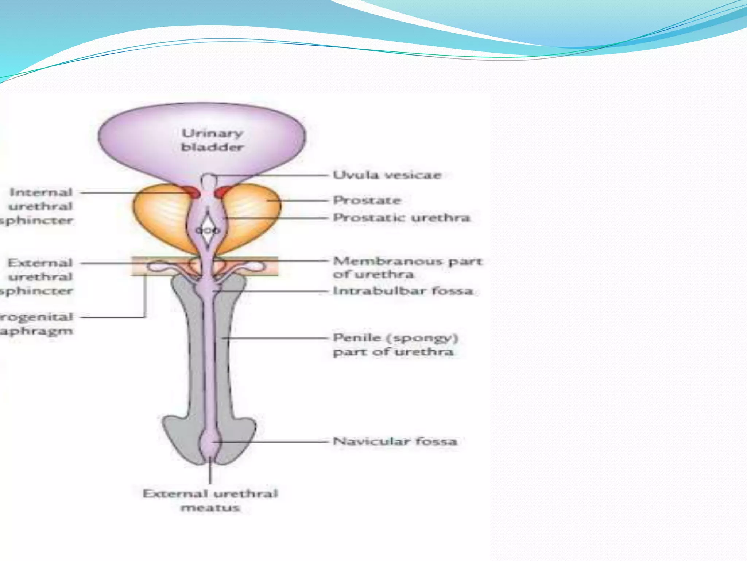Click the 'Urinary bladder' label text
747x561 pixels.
point(212,140)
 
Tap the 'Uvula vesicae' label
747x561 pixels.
point(387,175)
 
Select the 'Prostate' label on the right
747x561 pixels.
point(367,200)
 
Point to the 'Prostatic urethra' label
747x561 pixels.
point(402,218)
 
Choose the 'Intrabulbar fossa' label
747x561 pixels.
point(403,291)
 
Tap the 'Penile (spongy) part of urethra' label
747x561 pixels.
point(395,344)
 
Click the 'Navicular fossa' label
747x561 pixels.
point(395,441)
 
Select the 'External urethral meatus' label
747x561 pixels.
point(210,500)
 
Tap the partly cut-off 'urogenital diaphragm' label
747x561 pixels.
point(36,324)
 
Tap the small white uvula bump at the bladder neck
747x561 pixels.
point(208,180)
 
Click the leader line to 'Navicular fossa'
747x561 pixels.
point(274,442)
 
